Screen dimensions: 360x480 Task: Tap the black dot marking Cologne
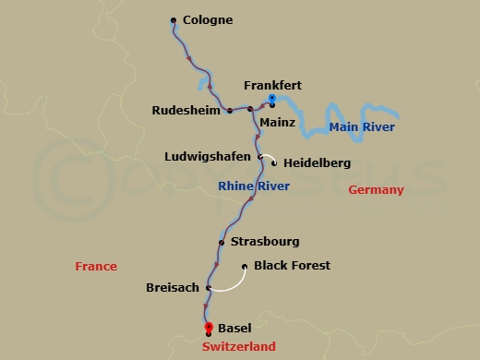pos(174,19)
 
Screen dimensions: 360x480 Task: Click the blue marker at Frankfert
pos(271,97)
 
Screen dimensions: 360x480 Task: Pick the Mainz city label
pos(277,121)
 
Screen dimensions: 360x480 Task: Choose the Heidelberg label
pos(317,163)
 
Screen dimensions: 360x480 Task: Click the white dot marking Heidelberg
pos(274,163)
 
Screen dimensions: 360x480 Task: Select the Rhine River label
pos(253,187)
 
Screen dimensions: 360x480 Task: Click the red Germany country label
pos(376,190)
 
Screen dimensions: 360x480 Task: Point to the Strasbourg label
pos(266,242)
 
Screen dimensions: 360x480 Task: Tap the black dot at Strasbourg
pos(222,243)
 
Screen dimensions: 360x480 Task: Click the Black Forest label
pos(293,266)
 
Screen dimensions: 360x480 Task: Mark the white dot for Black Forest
pos(245,267)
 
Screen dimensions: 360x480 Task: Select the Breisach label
pos(173,288)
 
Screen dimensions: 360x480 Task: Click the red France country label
pos(96,267)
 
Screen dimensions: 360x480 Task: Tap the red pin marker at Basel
pos(209,327)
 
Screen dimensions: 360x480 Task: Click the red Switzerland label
pos(239,346)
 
